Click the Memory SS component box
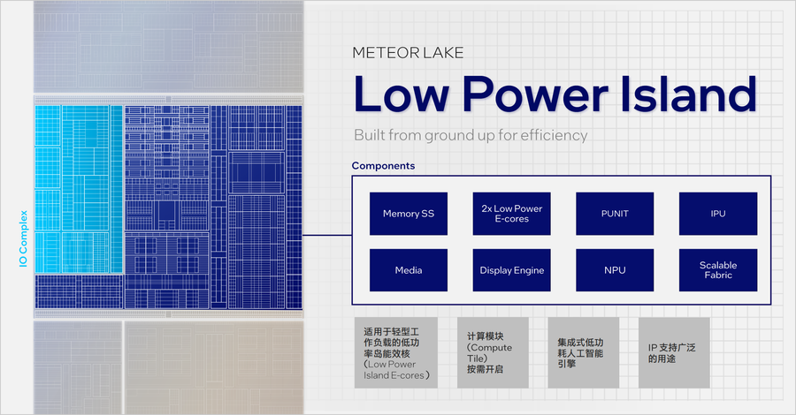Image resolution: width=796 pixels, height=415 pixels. [408, 214]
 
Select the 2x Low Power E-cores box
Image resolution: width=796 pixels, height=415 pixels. [512, 214]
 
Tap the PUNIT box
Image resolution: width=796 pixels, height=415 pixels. [615, 214]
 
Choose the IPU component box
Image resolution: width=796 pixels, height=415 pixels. [718, 214]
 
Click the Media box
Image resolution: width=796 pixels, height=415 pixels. [408, 270]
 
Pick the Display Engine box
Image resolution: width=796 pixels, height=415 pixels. [512, 270]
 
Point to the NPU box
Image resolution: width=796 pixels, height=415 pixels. [615, 270]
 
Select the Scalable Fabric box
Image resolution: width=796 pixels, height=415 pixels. [718, 270]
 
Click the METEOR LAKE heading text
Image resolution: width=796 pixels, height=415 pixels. [408, 53]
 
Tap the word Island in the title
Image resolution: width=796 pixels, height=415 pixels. [688, 94]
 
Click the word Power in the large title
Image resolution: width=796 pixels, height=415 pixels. [536, 94]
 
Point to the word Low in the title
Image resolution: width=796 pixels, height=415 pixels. [401, 94]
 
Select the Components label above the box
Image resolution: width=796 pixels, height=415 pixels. [383, 166]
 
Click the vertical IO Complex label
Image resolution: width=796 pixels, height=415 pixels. [23, 238]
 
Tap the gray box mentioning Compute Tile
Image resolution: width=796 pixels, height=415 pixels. [493, 352]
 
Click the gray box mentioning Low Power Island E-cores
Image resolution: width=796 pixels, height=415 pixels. [396, 352]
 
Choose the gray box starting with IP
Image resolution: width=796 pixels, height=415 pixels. [674, 352]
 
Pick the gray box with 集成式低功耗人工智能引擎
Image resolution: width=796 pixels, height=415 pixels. [584, 352]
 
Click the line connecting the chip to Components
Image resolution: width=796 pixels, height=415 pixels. [327, 235]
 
